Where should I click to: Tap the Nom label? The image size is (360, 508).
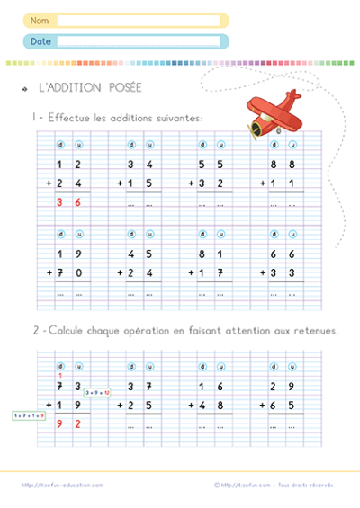click(40, 19)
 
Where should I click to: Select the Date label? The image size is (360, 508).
click(40, 40)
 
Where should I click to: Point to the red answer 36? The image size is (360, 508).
click(68, 203)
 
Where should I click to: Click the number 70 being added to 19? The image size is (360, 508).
click(68, 271)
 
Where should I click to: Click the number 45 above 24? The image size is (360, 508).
click(140, 253)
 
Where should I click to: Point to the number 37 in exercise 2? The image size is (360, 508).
click(140, 386)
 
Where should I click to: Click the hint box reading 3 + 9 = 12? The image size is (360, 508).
click(97, 392)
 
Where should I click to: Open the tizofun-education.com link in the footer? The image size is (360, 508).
click(62, 485)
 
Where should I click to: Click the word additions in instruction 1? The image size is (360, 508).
click(126, 118)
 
